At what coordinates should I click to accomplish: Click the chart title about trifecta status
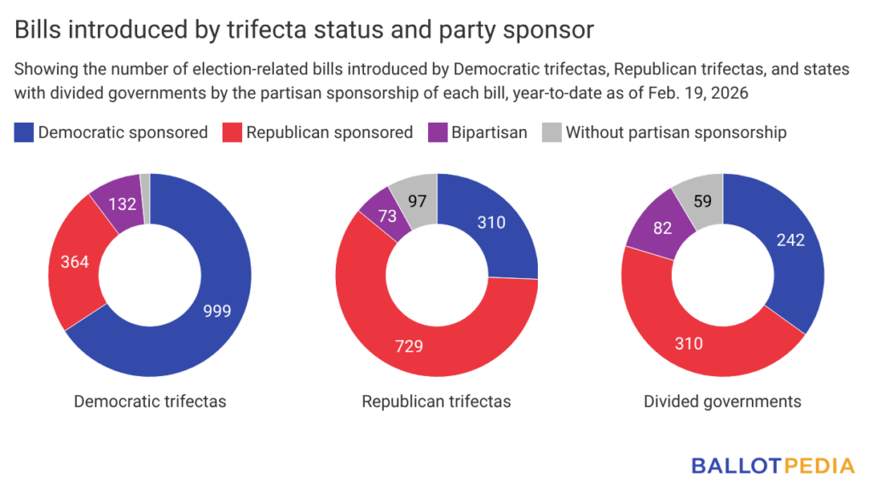(304, 30)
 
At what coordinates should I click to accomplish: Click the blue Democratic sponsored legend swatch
(24, 132)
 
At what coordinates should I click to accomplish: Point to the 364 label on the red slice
(76, 262)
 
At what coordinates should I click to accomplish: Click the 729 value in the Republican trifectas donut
(408, 345)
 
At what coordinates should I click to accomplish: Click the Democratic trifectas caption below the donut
(150, 400)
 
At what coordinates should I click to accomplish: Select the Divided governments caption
(722, 400)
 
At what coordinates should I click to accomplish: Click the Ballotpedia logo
(772, 466)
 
